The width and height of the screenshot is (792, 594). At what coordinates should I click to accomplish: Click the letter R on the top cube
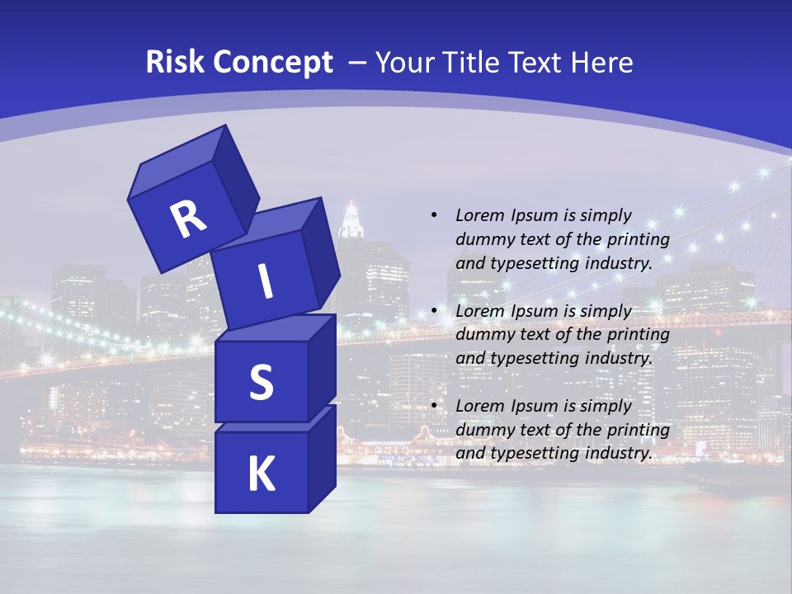point(188,219)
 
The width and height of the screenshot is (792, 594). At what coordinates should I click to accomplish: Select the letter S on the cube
point(261,382)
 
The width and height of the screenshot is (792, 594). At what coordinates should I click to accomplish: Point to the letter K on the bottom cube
point(261,474)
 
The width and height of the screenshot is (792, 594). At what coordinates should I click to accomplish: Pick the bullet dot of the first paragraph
point(435,215)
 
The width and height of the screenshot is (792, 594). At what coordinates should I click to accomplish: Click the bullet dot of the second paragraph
point(435,311)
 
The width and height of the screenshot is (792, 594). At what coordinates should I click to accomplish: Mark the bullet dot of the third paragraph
point(435,406)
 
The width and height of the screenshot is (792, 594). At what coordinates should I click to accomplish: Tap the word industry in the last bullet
point(623,453)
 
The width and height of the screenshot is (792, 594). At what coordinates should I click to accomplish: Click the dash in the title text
point(358,63)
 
